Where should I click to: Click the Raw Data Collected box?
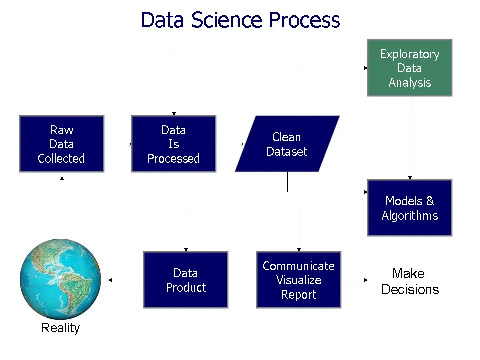click(x=62, y=144)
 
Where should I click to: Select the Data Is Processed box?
click(x=174, y=144)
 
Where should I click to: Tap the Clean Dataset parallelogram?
click(x=287, y=144)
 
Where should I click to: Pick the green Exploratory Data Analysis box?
click(x=410, y=68)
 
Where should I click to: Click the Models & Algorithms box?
click(x=410, y=208)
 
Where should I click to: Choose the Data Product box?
click(x=186, y=280)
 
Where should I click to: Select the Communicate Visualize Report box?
click(x=299, y=280)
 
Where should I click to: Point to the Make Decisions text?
click(x=410, y=281)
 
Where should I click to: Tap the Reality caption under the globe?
click(x=60, y=328)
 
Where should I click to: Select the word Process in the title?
click(x=304, y=20)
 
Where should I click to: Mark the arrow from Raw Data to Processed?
click(x=118, y=144)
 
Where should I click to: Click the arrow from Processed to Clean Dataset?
click(x=230, y=144)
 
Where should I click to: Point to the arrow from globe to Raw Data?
click(x=62, y=205)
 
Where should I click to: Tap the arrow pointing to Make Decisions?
click(x=355, y=280)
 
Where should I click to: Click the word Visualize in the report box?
click(x=299, y=280)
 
